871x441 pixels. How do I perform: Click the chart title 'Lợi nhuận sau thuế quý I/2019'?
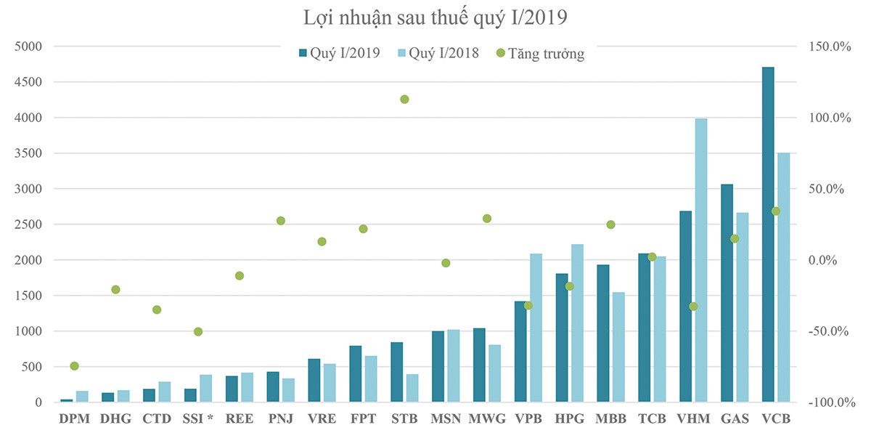[x=435, y=16]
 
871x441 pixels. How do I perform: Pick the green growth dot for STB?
[x=404, y=100]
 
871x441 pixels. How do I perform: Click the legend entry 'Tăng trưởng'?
[x=540, y=54]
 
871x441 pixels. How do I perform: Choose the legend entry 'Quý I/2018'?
[x=438, y=54]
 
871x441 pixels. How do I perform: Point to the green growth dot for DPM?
[x=74, y=366]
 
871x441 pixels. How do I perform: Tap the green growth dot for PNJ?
[x=281, y=221]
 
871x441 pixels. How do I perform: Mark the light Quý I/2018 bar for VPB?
[x=536, y=328]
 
